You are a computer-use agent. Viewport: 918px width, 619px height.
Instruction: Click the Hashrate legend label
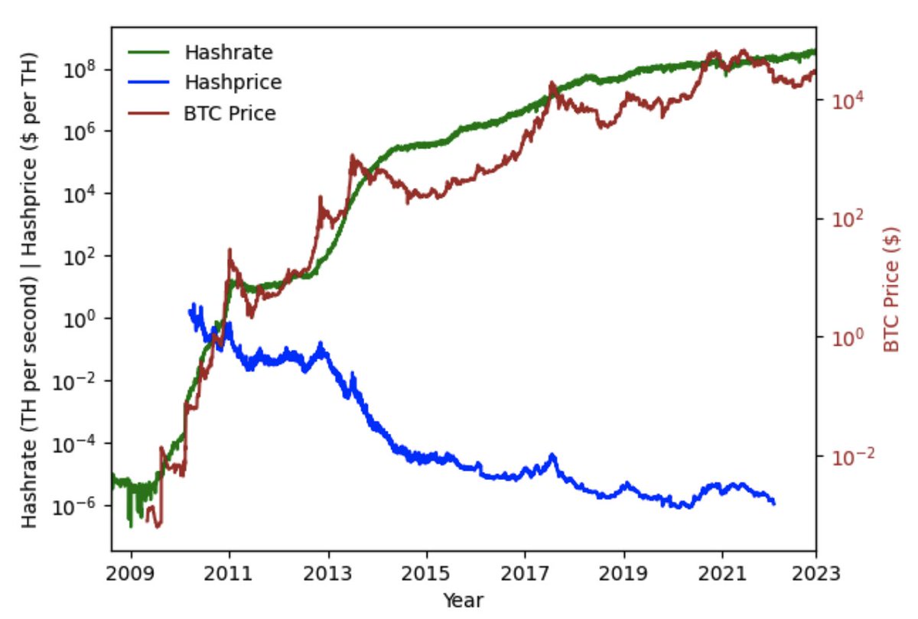click(x=229, y=53)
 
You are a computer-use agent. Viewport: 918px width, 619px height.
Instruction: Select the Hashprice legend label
click(x=233, y=83)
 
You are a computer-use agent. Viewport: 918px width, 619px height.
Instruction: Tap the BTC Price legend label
click(x=229, y=113)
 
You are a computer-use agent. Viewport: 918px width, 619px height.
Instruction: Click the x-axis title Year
click(x=464, y=600)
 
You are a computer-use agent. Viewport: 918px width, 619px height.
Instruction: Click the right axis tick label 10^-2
click(x=844, y=455)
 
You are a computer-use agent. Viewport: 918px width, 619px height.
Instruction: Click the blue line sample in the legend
click(x=147, y=83)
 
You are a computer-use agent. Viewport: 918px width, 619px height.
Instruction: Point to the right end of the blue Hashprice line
click(x=774, y=504)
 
